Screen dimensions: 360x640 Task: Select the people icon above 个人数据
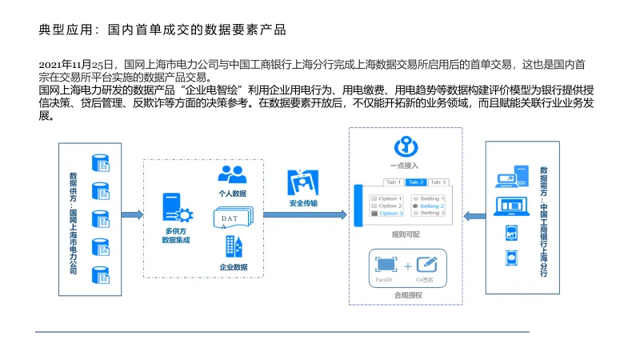[x=232, y=174]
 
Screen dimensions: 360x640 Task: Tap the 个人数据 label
[x=233, y=194]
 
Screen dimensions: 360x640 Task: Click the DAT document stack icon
[x=232, y=218]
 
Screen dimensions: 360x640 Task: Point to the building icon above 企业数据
[x=233, y=246]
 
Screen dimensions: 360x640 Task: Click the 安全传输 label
[x=303, y=203]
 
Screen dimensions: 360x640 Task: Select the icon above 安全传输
[x=303, y=183]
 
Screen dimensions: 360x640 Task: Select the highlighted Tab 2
[x=415, y=182]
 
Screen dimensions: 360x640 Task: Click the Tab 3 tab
[x=438, y=182]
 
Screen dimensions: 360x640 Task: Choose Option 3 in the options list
[x=390, y=214]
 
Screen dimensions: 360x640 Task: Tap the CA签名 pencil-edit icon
[x=427, y=263]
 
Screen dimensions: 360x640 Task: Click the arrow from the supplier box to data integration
[x=131, y=215]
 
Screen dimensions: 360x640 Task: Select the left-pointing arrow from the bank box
[x=475, y=215]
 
